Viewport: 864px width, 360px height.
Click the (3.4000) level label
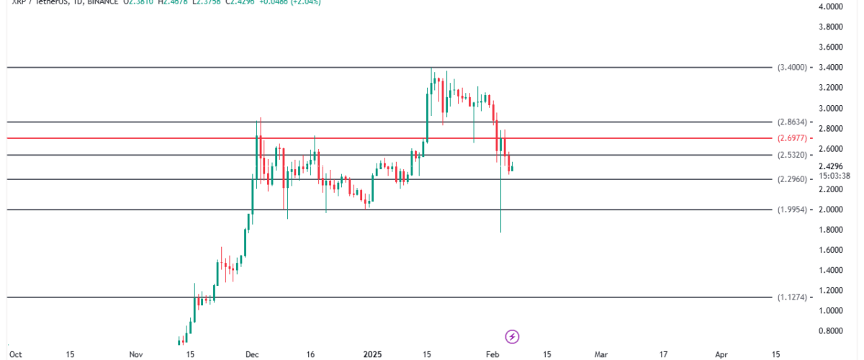pyautogui.click(x=793, y=67)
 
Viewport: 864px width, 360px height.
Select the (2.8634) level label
pyautogui.click(x=793, y=122)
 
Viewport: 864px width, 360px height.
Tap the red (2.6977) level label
pyautogui.click(x=793, y=138)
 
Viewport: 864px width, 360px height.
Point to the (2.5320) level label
pyautogui.click(x=793, y=155)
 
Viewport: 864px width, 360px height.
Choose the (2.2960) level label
pyautogui.click(x=793, y=179)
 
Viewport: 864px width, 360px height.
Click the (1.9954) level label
pyautogui.click(x=793, y=210)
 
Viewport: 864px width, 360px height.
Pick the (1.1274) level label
pyautogui.click(x=793, y=297)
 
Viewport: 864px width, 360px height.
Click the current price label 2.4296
pyautogui.click(x=830, y=166)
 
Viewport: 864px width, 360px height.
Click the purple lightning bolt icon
pyautogui.click(x=512, y=336)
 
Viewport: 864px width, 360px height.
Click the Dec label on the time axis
pyautogui.click(x=251, y=354)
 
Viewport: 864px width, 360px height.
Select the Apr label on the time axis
pyautogui.click(x=721, y=354)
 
